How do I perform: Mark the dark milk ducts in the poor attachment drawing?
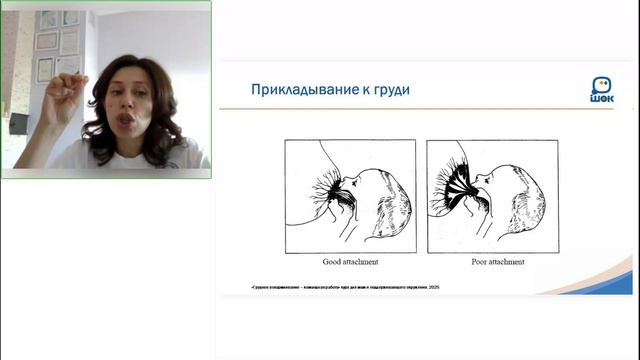[458, 190]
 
